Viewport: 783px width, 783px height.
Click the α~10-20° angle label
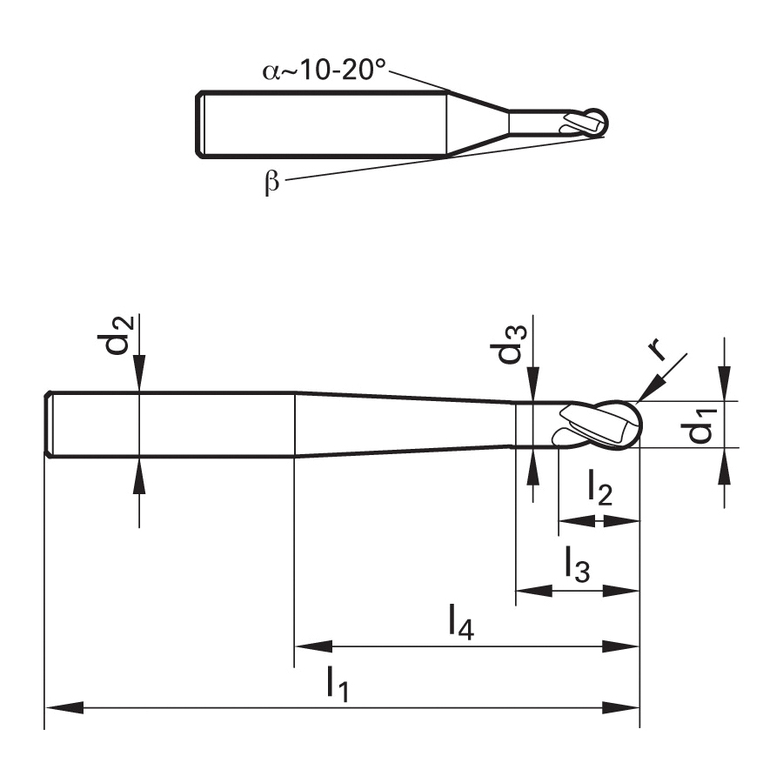(325, 70)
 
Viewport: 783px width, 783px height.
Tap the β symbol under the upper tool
(271, 182)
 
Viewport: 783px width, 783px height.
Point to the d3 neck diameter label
(512, 345)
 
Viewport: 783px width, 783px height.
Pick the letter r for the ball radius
(659, 349)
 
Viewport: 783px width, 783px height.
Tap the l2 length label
(599, 488)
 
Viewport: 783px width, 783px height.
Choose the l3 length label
(578, 565)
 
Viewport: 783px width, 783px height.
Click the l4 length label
(461, 622)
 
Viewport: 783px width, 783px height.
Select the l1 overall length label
(337, 684)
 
